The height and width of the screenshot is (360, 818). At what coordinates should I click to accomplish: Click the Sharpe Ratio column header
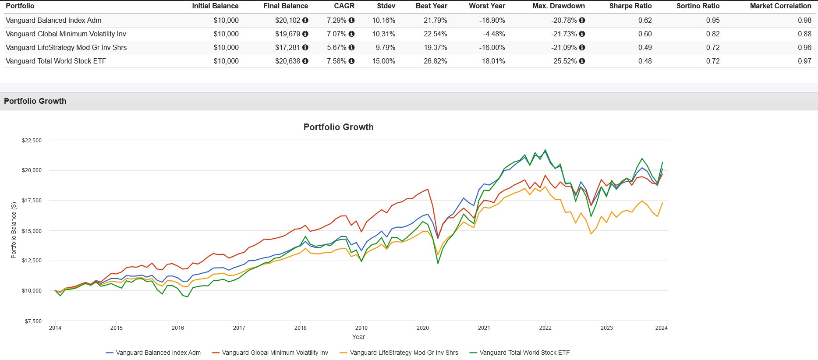[x=630, y=6]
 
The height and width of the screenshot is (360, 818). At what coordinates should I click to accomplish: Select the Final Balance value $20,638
[x=287, y=61]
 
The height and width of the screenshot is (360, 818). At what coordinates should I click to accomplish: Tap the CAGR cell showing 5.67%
[x=336, y=48]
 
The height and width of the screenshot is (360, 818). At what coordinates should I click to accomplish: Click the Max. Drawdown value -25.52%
[x=564, y=61]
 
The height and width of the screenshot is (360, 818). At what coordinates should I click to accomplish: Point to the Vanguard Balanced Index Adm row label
[x=53, y=21]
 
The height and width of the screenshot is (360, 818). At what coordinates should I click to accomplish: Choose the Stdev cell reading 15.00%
[x=383, y=61]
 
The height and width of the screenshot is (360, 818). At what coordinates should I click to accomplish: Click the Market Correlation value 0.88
[x=804, y=34]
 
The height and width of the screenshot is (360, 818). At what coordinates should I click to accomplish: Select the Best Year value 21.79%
[x=435, y=21]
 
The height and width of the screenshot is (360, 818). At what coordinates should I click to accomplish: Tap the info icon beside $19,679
[x=305, y=34]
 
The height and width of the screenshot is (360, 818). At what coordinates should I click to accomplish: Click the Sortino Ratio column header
[x=698, y=6]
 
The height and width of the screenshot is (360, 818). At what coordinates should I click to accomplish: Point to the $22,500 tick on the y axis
[x=32, y=141]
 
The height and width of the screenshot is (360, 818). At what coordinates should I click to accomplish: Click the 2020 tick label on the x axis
[x=422, y=328]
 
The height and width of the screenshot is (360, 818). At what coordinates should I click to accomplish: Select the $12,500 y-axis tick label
[x=32, y=261]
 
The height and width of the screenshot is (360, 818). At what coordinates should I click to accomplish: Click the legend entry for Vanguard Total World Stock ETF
[x=524, y=353]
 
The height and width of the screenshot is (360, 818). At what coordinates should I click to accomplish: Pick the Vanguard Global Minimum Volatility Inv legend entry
[x=274, y=353]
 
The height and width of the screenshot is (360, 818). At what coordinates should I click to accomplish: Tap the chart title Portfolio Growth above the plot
[x=338, y=127]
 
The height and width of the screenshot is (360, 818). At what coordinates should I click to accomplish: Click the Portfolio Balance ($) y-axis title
[x=14, y=230]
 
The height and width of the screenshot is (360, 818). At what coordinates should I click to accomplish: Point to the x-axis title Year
[x=358, y=337]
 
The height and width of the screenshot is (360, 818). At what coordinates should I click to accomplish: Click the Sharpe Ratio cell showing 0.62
[x=644, y=21]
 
